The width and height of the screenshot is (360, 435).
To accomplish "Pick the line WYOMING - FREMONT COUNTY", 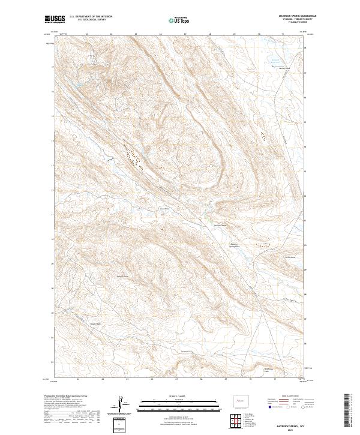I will pyautogui.click(x=288, y=20).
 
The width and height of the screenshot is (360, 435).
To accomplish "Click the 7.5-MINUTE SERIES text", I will pyautogui.click(x=288, y=23).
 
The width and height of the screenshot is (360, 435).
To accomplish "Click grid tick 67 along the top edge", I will pyautogui.click(x=185, y=35).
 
